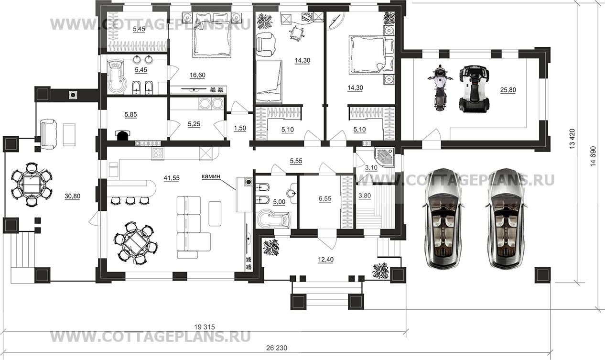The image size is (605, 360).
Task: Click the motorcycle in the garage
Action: pos(440,88)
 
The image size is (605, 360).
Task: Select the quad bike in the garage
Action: pos(474,88)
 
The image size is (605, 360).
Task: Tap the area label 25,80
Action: pos(508,90)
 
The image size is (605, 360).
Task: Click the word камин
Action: pos(211,176)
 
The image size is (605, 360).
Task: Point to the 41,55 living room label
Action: pos(172,178)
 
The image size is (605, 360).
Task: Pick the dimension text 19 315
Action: pos(205,327)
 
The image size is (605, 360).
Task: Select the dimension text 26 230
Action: pos(277,348)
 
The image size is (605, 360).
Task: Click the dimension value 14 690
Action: pos(593,156)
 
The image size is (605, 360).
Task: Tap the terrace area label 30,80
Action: pos(72,196)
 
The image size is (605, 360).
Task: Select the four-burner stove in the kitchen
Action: pos(158,154)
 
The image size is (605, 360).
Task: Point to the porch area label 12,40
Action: pos(325,260)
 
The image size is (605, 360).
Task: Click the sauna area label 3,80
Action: pos(364,196)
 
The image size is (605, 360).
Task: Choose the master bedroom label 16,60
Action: pos(197,75)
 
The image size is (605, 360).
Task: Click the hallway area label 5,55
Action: pos(296,161)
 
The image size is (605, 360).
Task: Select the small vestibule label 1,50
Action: pos(240,128)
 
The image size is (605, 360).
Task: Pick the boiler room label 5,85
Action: pos(131,115)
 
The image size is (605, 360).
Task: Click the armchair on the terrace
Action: pos(49,134)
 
